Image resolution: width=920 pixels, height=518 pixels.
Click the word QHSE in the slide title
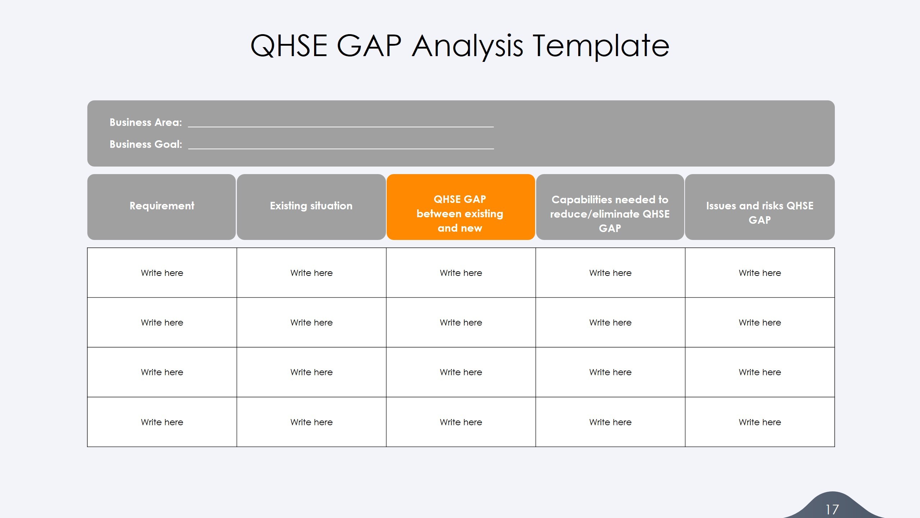289,46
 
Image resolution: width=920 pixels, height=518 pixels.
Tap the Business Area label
146,122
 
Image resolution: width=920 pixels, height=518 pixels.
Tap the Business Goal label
146,144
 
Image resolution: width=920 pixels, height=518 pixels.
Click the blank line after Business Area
341,124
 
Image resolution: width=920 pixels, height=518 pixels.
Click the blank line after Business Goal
341,146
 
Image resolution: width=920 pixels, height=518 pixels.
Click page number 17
832,509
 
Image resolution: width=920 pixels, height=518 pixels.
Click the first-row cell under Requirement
162,273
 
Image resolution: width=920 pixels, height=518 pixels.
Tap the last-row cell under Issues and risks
760,422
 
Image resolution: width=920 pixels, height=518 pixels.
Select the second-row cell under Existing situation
311,322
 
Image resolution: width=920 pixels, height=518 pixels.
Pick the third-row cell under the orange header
461,372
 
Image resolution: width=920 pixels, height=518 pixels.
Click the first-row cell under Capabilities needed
610,273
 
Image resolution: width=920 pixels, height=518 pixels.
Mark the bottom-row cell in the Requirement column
162,422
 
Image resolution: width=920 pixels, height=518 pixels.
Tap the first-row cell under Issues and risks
760,273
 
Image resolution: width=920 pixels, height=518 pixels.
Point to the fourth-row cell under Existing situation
311,422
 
